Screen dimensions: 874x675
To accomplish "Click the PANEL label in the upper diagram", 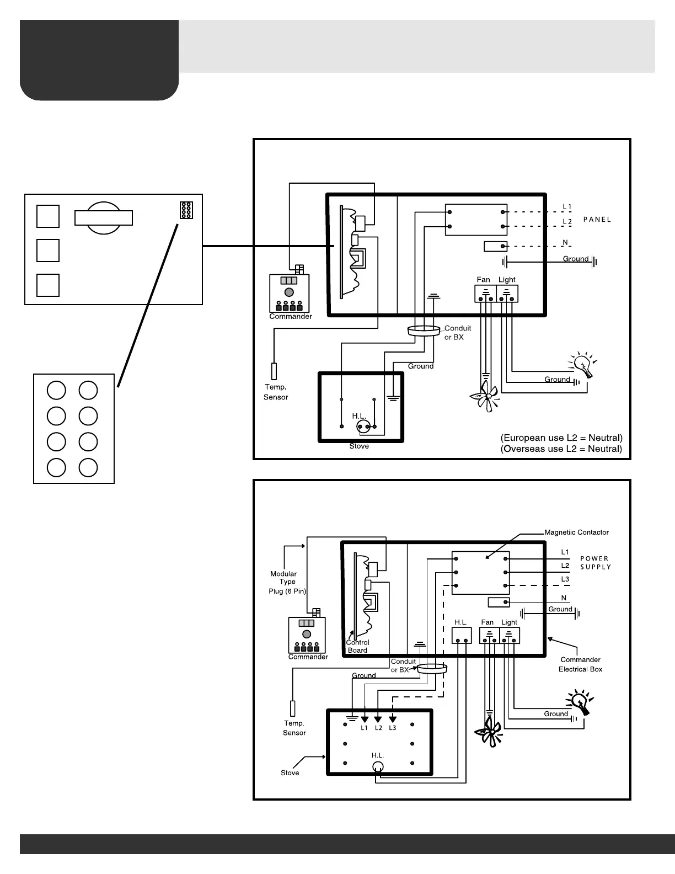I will pyautogui.click(x=597, y=219).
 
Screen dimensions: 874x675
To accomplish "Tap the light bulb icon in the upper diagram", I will pyautogui.click(x=582, y=365).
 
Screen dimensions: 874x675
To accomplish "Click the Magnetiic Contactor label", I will pyautogui.click(x=576, y=532).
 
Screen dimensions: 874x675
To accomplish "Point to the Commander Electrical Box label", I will pyautogui.click(x=580, y=664).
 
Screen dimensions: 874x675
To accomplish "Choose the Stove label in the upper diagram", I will pyautogui.click(x=359, y=446).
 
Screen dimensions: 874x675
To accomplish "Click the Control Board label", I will pyautogui.click(x=357, y=646).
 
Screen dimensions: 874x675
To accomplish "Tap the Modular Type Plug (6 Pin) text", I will pyautogui.click(x=287, y=582).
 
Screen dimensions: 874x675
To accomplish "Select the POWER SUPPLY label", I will pyautogui.click(x=595, y=563).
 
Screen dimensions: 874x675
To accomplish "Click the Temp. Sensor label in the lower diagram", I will pyautogui.click(x=294, y=728).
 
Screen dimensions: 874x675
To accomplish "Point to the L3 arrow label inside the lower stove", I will pyautogui.click(x=392, y=728).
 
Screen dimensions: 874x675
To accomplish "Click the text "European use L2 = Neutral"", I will pyautogui.click(x=561, y=438).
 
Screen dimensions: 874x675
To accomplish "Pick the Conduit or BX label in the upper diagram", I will pyautogui.click(x=457, y=333).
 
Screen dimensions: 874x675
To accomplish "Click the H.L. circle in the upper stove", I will pyautogui.click(x=363, y=426).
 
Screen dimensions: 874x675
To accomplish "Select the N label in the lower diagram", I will pyautogui.click(x=564, y=598).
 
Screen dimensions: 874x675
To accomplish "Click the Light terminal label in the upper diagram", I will pyautogui.click(x=507, y=280).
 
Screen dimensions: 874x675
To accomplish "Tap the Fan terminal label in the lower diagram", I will pyautogui.click(x=488, y=622).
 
